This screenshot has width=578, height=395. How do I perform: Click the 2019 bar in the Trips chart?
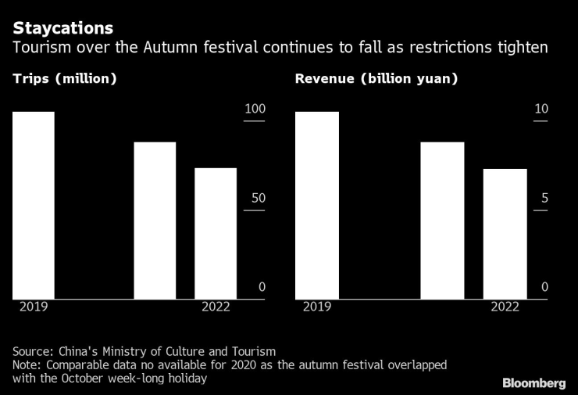tap(33, 205)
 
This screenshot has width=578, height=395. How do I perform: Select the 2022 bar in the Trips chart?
tap(216, 233)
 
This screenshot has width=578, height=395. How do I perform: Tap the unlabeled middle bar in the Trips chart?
tap(155, 220)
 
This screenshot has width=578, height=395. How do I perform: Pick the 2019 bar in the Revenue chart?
tap(316, 205)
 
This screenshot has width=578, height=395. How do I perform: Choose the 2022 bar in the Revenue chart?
tap(505, 233)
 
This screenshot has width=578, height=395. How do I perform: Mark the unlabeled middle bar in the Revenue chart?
tap(442, 220)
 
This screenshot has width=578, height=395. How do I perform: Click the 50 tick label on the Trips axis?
tap(259, 198)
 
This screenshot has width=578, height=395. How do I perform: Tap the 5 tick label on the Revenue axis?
tap(544, 198)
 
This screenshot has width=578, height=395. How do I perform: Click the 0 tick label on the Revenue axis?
tap(544, 287)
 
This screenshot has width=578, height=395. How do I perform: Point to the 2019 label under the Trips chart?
tap(33, 307)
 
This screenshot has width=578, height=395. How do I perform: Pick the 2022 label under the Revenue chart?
tap(505, 307)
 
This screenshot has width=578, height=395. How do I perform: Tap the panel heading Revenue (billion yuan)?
tap(376, 79)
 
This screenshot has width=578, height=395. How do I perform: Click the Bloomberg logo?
tap(533, 382)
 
